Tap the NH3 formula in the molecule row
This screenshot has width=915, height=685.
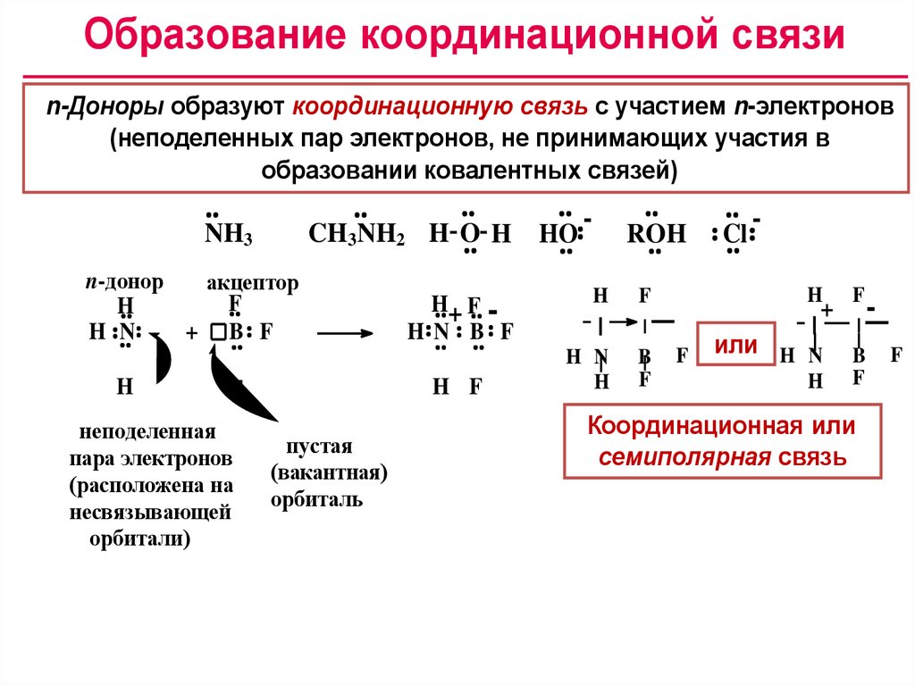tap(229, 235)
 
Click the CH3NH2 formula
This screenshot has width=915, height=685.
tap(357, 235)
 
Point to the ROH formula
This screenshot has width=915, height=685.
tap(656, 235)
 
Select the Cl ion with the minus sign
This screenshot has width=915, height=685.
tap(735, 234)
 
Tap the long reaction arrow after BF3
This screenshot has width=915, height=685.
tap(344, 333)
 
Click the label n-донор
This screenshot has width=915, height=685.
tap(124, 282)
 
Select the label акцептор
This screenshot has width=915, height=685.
tap(253, 283)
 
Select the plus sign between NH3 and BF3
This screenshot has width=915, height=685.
tap(191, 333)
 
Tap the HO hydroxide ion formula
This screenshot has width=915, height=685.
tap(559, 235)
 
